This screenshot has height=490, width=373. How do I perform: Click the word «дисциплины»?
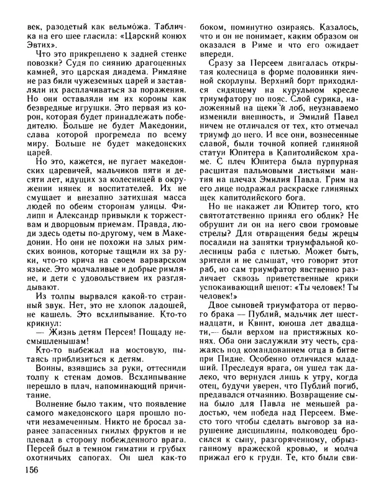(251, 430)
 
